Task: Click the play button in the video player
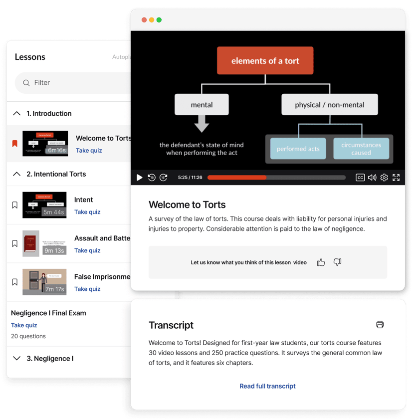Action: pyautogui.click(x=140, y=178)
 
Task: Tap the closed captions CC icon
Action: pyautogui.click(x=360, y=178)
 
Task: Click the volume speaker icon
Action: pyautogui.click(x=372, y=178)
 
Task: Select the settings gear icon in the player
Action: pyautogui.click(x=384, y=178)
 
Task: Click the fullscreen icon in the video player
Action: pyautogui.click(x=396, y=178)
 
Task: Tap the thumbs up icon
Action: pyautogui.click(x=321, y=262)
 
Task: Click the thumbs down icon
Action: pyautogui.click(x=337, y=262)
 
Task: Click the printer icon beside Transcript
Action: pyautogui.click(x=380, y=325)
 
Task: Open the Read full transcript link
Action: pyautogui.click(x=267, y=386)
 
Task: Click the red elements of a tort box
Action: pyautogui.click(x=265, y=61)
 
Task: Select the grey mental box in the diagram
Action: pyautogui.click(x=202, y=105)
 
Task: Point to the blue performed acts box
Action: pyautogui.click(x=298, y=149)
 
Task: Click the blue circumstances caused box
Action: pyautogui.click(x=361, y=149)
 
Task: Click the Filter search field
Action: pyautogui.click(x=75, y=83)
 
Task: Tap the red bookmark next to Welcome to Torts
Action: pyautogui.click(x=15, y=144)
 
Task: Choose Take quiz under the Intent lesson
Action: pyautogui.click(x=87, y=212)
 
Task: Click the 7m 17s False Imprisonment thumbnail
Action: pyautogui.click(x=44, y=282)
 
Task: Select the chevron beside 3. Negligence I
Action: pyautogui.click(x=16, y=359)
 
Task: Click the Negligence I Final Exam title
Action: pyautogui.click(x=48, y=313)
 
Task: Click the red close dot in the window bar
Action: pyautogui.click(x=144, y=20)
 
